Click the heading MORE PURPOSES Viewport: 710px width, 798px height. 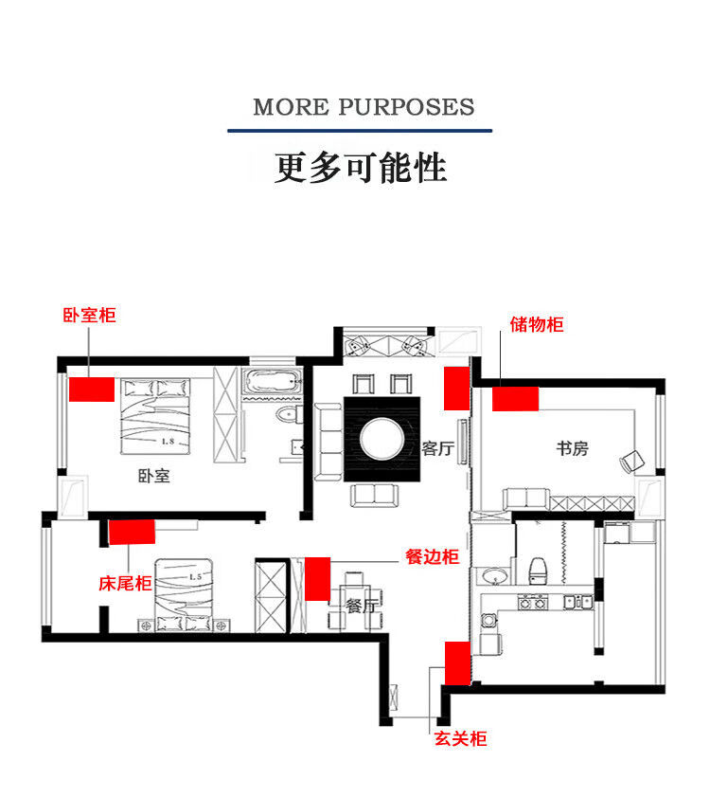[x=364, y=106]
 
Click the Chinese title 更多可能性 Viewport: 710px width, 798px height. [x=360, y=168]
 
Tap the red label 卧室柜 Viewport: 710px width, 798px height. [x=89, y=315]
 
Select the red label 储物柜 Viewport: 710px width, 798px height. [x=537, y=324]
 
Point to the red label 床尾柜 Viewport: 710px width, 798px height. [x=125, y=584]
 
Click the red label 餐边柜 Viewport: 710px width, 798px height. [x=432, y=557]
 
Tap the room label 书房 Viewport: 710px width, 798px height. [x=572, y=448]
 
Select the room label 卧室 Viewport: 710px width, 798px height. [x=153, y=476]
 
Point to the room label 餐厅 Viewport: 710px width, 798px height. [x=362, y=607]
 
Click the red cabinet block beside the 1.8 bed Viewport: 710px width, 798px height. [x=91, y=389]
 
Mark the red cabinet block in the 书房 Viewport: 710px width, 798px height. [x=515, y=398]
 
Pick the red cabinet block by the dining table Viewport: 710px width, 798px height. [x=317, y=579]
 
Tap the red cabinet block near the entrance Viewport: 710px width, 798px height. [x=458, y=662]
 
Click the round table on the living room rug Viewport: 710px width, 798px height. [x=382, y=439]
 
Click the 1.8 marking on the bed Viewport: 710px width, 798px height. [x=168, y=442]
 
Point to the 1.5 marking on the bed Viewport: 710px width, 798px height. [x=196, y=576]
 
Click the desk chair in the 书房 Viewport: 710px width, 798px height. [x=631, y=462]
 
